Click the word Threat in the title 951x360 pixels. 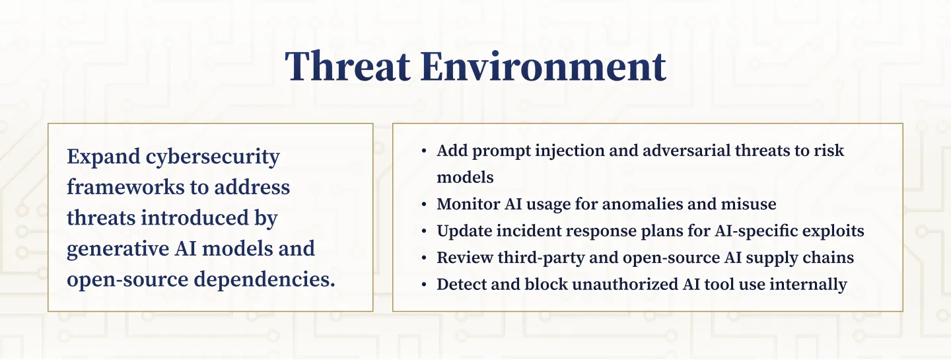(x=347, y=66)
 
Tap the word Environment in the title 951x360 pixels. (x=544, y=66)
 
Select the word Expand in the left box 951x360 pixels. (x=104, y=157)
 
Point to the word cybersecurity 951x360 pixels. (x=213, y=157)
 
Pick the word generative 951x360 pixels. (x=118, y=249)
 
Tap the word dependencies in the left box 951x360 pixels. (x=264, y=280)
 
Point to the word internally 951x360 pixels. (x=808, y=285)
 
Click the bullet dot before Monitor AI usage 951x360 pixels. (x=424, y=205)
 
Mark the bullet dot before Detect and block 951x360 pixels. (x=424, y=285)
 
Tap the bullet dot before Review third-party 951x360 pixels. (x=424, y=258)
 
